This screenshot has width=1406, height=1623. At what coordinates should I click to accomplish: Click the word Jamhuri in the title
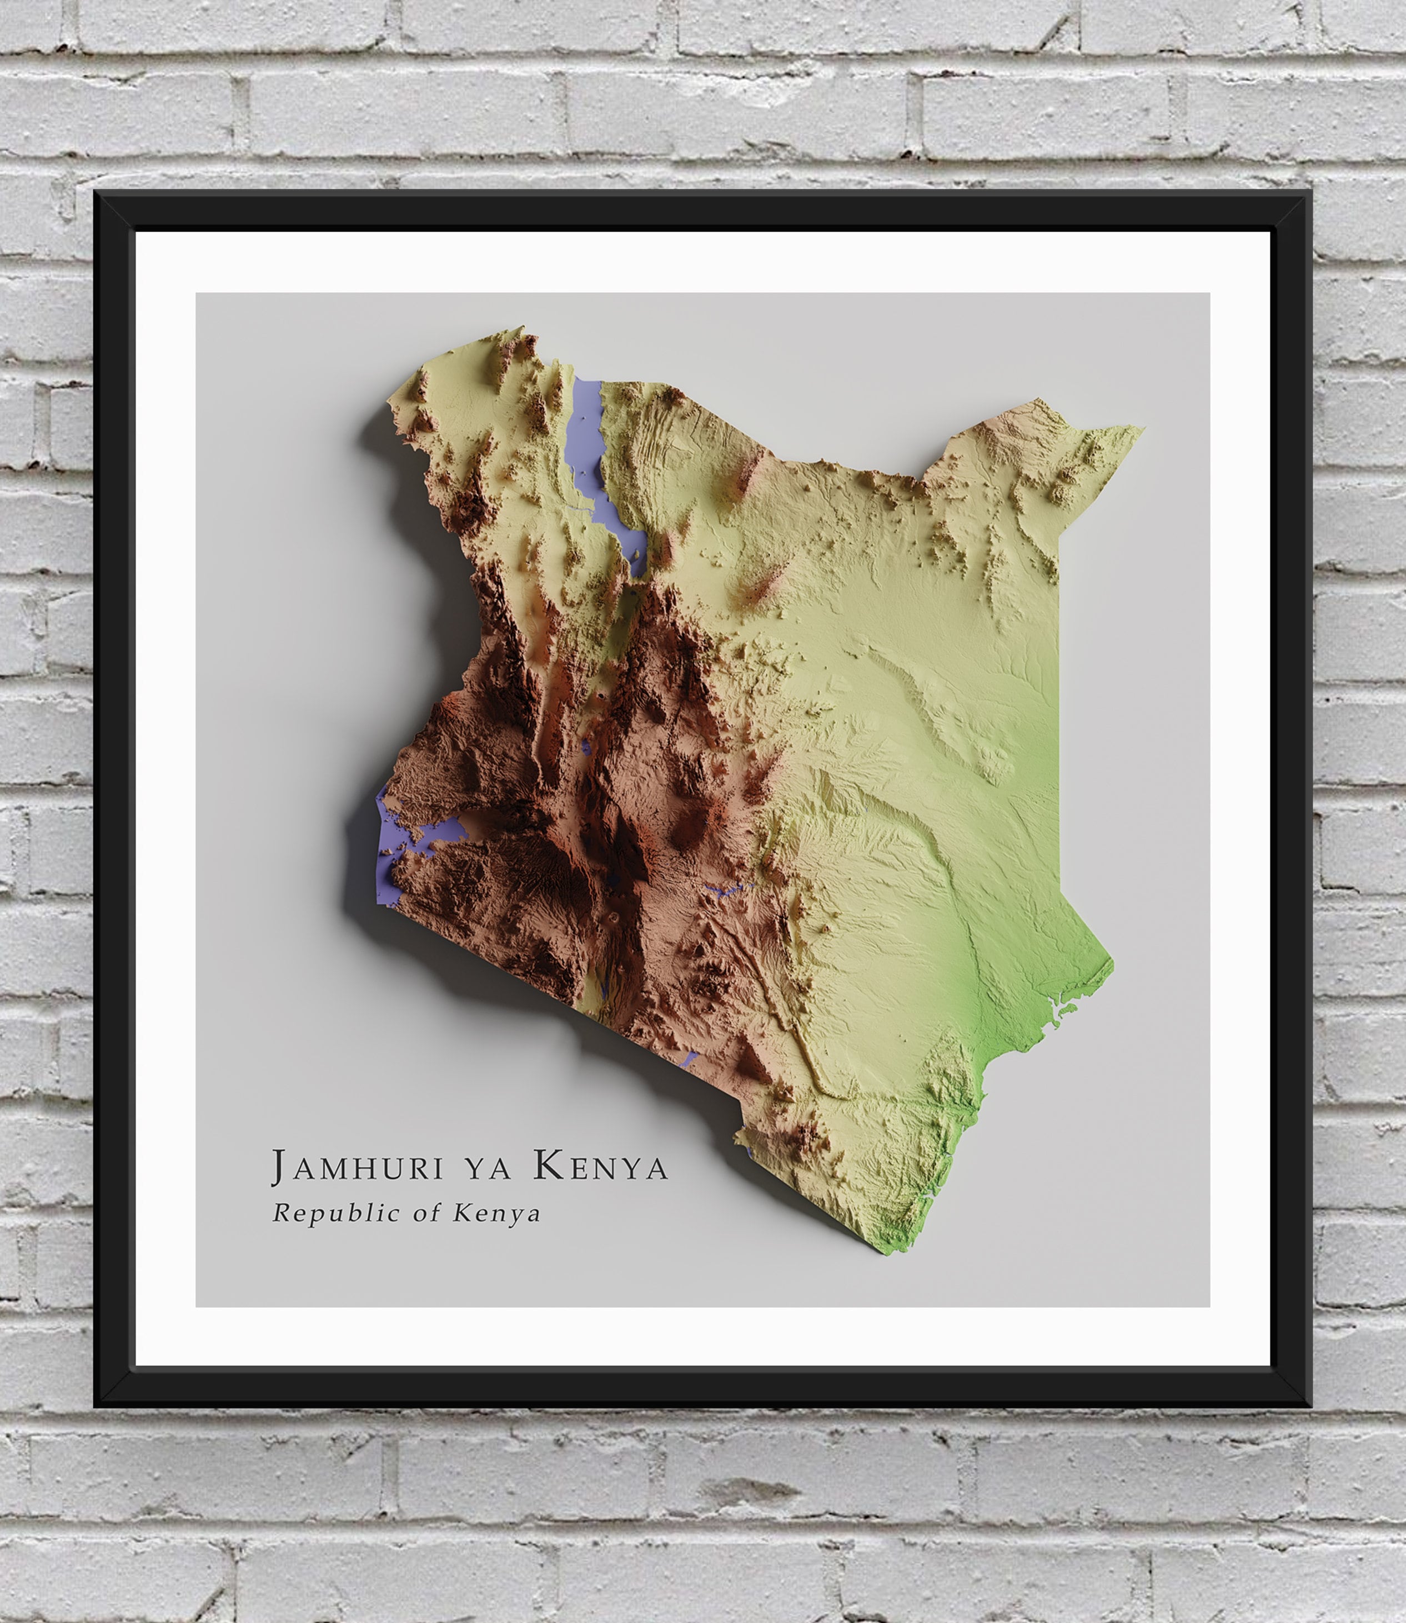(x=357, y=1168)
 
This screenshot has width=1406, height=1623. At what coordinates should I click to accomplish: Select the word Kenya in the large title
(x=601, y=1167)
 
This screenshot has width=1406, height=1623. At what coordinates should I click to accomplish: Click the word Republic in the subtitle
(x=336, y=1213)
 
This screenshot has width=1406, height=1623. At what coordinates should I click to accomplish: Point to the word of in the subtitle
(x=427, y=1213)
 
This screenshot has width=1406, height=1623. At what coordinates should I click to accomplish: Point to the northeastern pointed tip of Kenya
(x=1142, y=428)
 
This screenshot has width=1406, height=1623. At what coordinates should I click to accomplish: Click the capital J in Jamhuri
(x=279, y=1167)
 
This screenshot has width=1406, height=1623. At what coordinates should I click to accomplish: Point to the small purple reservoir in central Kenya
(x=726, y=891)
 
